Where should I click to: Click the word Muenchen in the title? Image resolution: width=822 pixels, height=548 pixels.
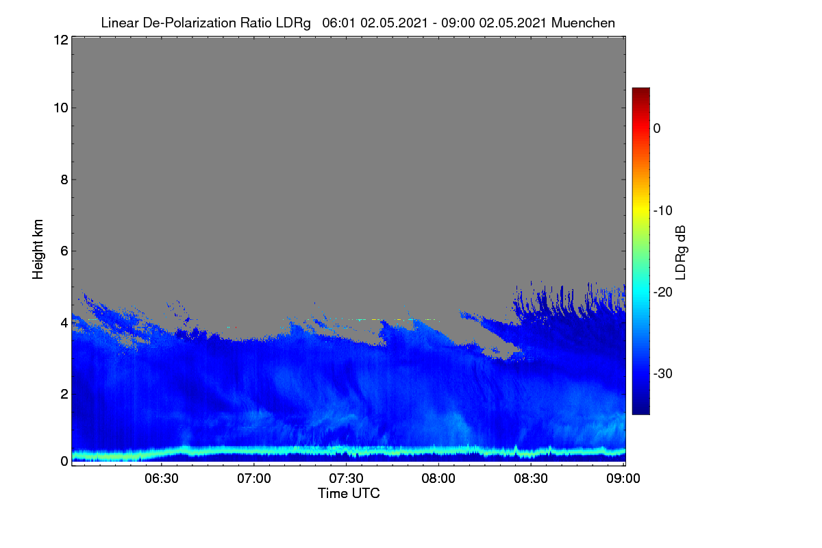(583, 23)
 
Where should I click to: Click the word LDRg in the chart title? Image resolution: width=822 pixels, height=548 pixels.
(293, 23)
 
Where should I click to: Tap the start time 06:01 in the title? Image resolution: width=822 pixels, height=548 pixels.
(338, 23)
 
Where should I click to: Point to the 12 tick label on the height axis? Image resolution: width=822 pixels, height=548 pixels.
(61, 40)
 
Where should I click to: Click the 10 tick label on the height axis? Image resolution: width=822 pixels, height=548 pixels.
(61, 108)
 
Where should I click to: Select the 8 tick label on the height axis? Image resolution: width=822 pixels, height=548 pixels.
(64, 179)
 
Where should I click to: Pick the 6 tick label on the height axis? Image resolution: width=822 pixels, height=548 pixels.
(64, 251)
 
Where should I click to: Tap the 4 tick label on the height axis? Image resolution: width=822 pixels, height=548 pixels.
(64, 323)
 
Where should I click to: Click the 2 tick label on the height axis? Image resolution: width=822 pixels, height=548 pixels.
(64, 394)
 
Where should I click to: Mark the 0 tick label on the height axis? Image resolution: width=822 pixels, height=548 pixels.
(64, 461)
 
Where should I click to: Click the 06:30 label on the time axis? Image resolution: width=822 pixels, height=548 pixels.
(162, 479)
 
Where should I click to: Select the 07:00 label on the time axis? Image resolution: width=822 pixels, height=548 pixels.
(254, 479)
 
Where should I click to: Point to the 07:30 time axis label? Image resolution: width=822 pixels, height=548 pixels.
(346, 479)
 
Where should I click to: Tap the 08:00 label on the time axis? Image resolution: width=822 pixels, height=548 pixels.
(438, 479)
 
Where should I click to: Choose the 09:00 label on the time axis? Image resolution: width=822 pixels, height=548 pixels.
(623, 479)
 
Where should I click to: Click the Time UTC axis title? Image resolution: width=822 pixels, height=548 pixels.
(349, 493)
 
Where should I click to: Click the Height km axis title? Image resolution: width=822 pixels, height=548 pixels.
(38, 249)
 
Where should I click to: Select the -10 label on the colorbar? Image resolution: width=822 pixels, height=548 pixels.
(663, 211)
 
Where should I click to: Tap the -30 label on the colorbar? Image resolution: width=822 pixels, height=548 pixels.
(663, 373)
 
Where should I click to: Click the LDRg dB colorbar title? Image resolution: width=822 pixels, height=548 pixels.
(681, 253)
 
